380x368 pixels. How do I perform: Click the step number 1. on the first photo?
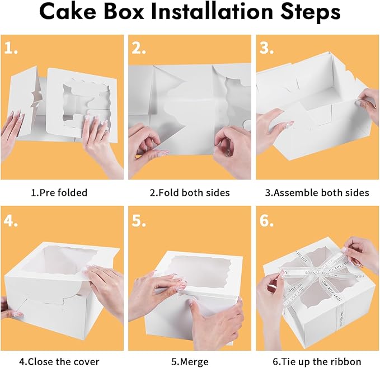coord(12,49)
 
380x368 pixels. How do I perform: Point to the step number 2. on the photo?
coord(140,49)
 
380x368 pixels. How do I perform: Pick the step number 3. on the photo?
coord(267,49)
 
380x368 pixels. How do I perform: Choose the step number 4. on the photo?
coord(12,220)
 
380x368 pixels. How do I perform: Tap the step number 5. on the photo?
coord(140,220)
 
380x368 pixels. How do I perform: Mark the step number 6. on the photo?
coord(267,220)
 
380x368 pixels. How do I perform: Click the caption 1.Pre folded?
coord(59,193)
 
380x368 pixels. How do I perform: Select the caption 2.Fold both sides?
coord(190,193)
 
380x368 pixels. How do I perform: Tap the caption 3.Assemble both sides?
coord(317,193)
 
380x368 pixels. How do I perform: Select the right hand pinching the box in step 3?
coord(367,103)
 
